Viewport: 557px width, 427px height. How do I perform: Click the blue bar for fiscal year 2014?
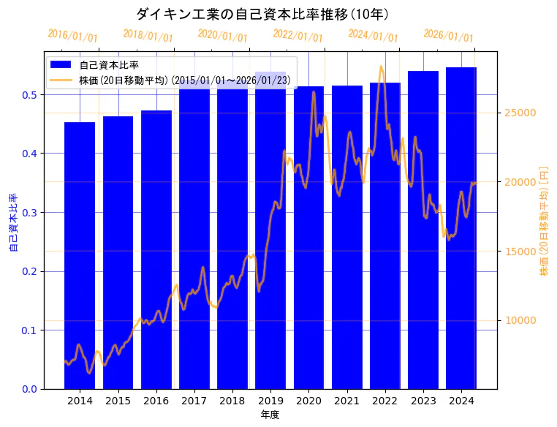pyautogui.click(x=80, y=255)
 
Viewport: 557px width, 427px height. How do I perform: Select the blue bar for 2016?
pyautogui.click(x=156, y=249)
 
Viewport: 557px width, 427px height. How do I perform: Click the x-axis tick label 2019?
pyautogui.click(x=270, y=401)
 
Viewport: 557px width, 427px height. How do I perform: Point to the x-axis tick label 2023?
pyautogui.click(x=423, y=401)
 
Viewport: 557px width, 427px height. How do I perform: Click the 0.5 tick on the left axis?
pyautogui.click(x=29, y=95)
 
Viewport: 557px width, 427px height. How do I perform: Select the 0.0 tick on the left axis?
pyautogui.click(x=29, y=389)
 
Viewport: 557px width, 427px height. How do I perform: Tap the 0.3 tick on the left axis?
pyautogui.click(x=29, y=213)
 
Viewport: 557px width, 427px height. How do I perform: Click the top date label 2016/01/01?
pyautogui.click(x=72, y=36)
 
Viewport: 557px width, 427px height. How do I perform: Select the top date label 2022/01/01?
pyautogui.click(x=298, y=36)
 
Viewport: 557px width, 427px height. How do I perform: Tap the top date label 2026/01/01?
pyautogui.click(x=448, y=36)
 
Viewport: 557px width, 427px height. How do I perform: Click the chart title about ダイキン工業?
pyautogui.click(x=262, y=14)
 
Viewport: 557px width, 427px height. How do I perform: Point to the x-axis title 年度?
pyautogui.click(x=270, y=415)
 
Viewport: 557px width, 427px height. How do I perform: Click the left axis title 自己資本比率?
pyautogui.click(x=13, y=222)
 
